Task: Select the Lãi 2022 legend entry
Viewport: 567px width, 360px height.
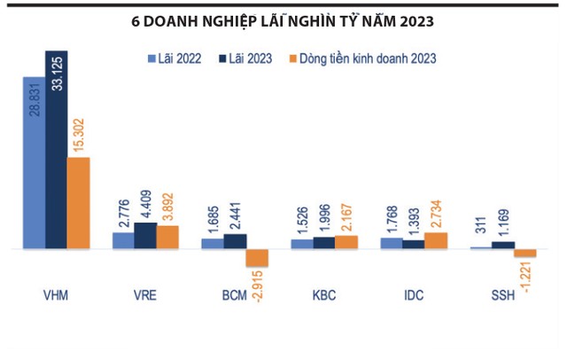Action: (x=175, y=59)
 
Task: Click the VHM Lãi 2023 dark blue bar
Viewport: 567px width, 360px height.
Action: (x=57, y=151)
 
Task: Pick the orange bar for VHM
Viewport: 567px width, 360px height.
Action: (x=79, y=204)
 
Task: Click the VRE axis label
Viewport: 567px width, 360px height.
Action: (x=145, y=294)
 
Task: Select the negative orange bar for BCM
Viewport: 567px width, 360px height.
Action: (x=257, y=258)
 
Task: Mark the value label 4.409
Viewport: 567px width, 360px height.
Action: (x=146, y=200)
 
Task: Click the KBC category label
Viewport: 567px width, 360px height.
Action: (x=324, y=294)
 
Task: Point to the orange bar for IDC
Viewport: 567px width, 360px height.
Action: (x=437, y=241)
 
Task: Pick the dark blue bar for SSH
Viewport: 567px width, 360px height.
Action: (x=503, y=245)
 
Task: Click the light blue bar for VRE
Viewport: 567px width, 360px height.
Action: (x=123, y=240)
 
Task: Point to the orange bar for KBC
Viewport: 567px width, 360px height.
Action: (x=347, y=242)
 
